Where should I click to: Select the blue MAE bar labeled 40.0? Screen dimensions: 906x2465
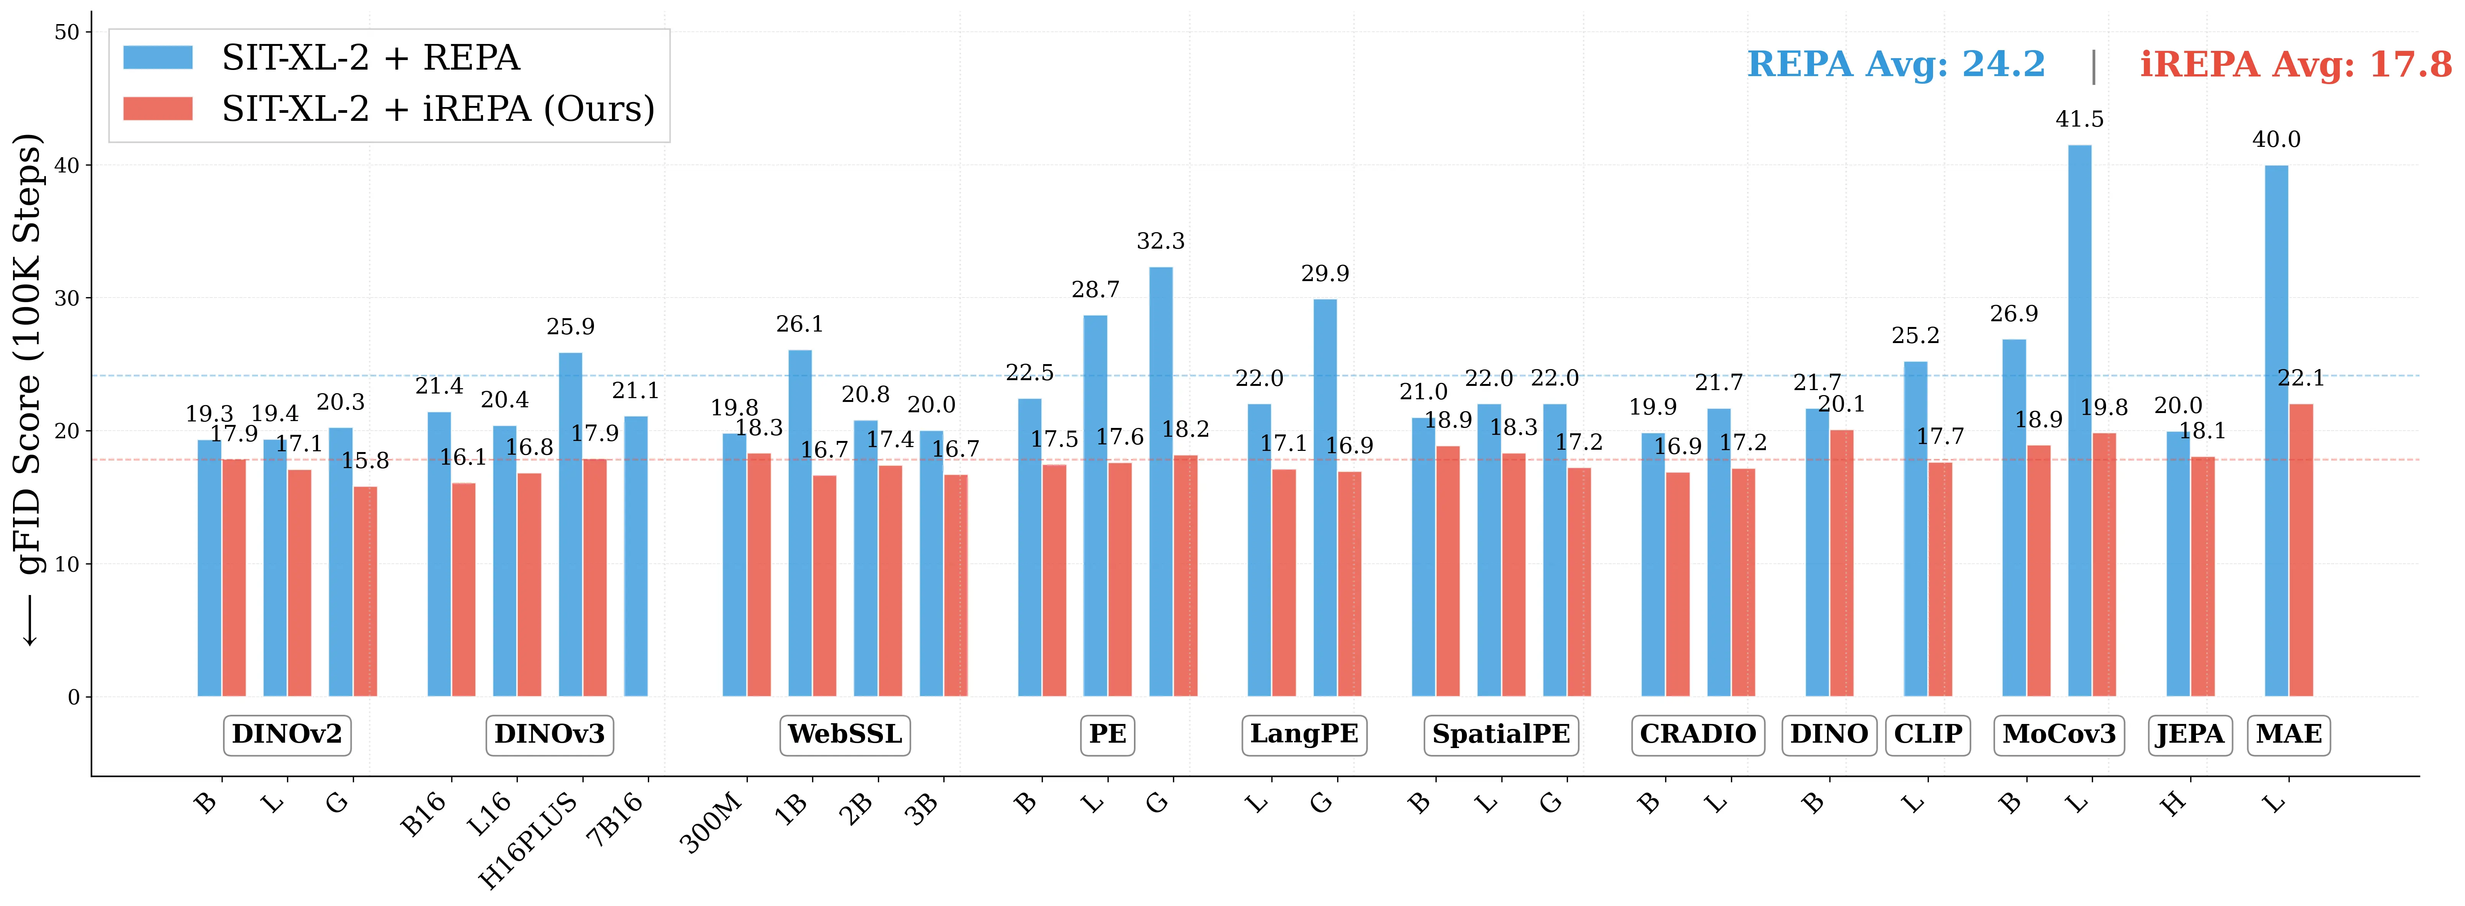2276,431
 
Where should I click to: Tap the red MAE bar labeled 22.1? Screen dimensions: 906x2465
2301,550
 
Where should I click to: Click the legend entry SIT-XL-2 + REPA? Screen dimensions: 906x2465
370,59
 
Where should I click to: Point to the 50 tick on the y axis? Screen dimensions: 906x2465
67,33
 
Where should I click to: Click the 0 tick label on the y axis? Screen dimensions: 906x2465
74,698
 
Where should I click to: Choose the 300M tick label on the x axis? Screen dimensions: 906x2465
713,823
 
